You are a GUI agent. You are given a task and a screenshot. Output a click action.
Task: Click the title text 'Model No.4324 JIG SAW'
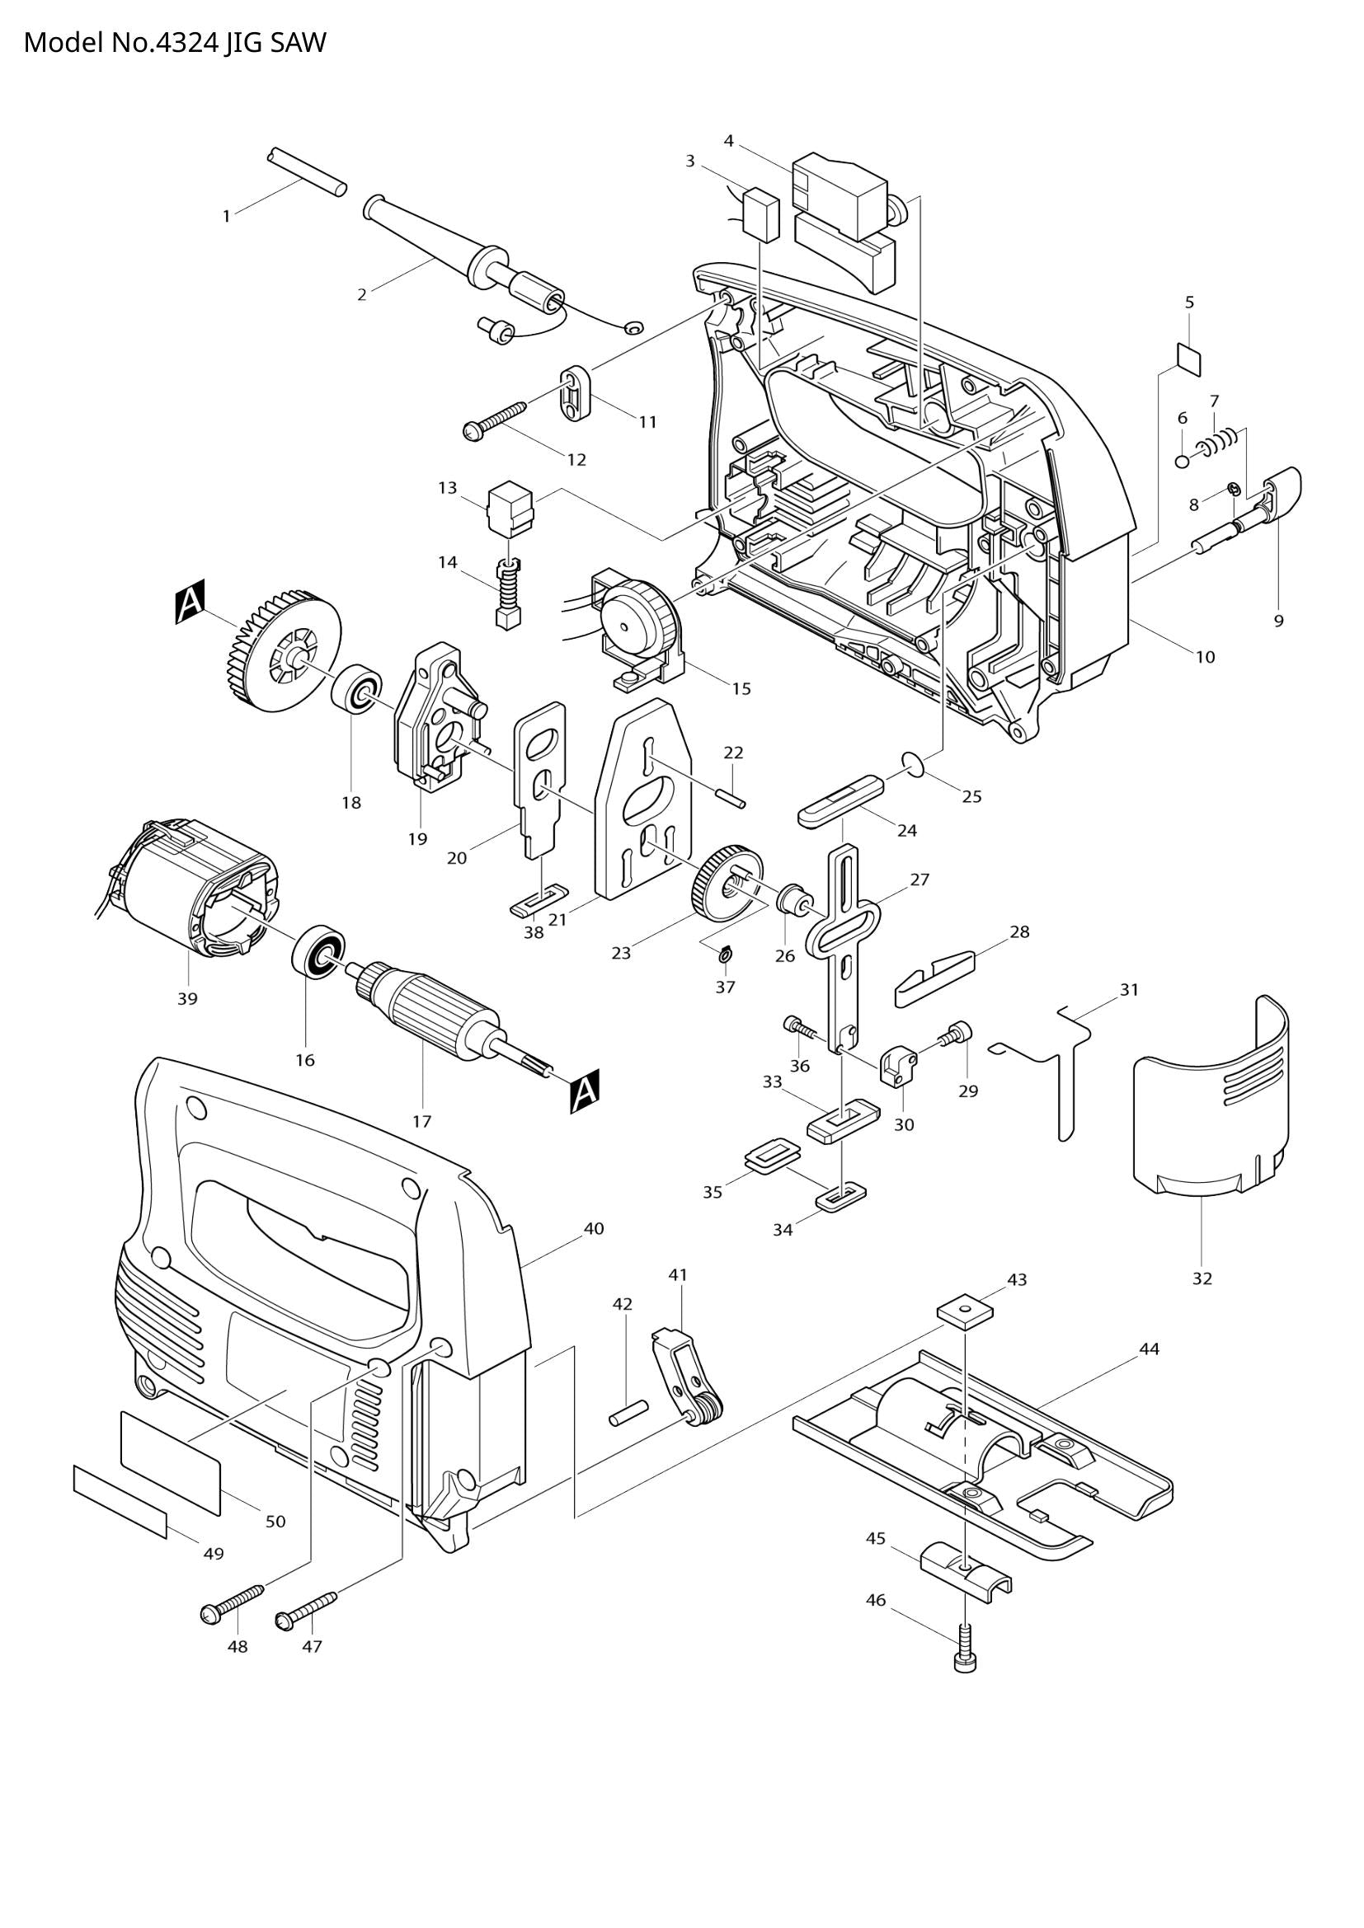click(174, 42)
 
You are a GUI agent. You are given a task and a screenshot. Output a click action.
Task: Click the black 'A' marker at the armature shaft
click(585, 1091)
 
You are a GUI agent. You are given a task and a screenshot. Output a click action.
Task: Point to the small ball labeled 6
click(1183, 460)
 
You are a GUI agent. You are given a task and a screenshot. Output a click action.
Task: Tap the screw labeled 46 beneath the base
click(967, 1649)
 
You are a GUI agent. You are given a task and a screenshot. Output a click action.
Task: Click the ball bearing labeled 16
click(319, 950)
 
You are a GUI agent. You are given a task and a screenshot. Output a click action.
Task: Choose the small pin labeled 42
click(628, 1410)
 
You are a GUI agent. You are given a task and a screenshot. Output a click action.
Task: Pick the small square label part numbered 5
click(1188, 358)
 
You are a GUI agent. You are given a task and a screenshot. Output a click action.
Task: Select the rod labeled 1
click(307, 172)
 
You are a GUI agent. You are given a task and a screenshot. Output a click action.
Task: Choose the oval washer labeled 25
click(913, 762)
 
